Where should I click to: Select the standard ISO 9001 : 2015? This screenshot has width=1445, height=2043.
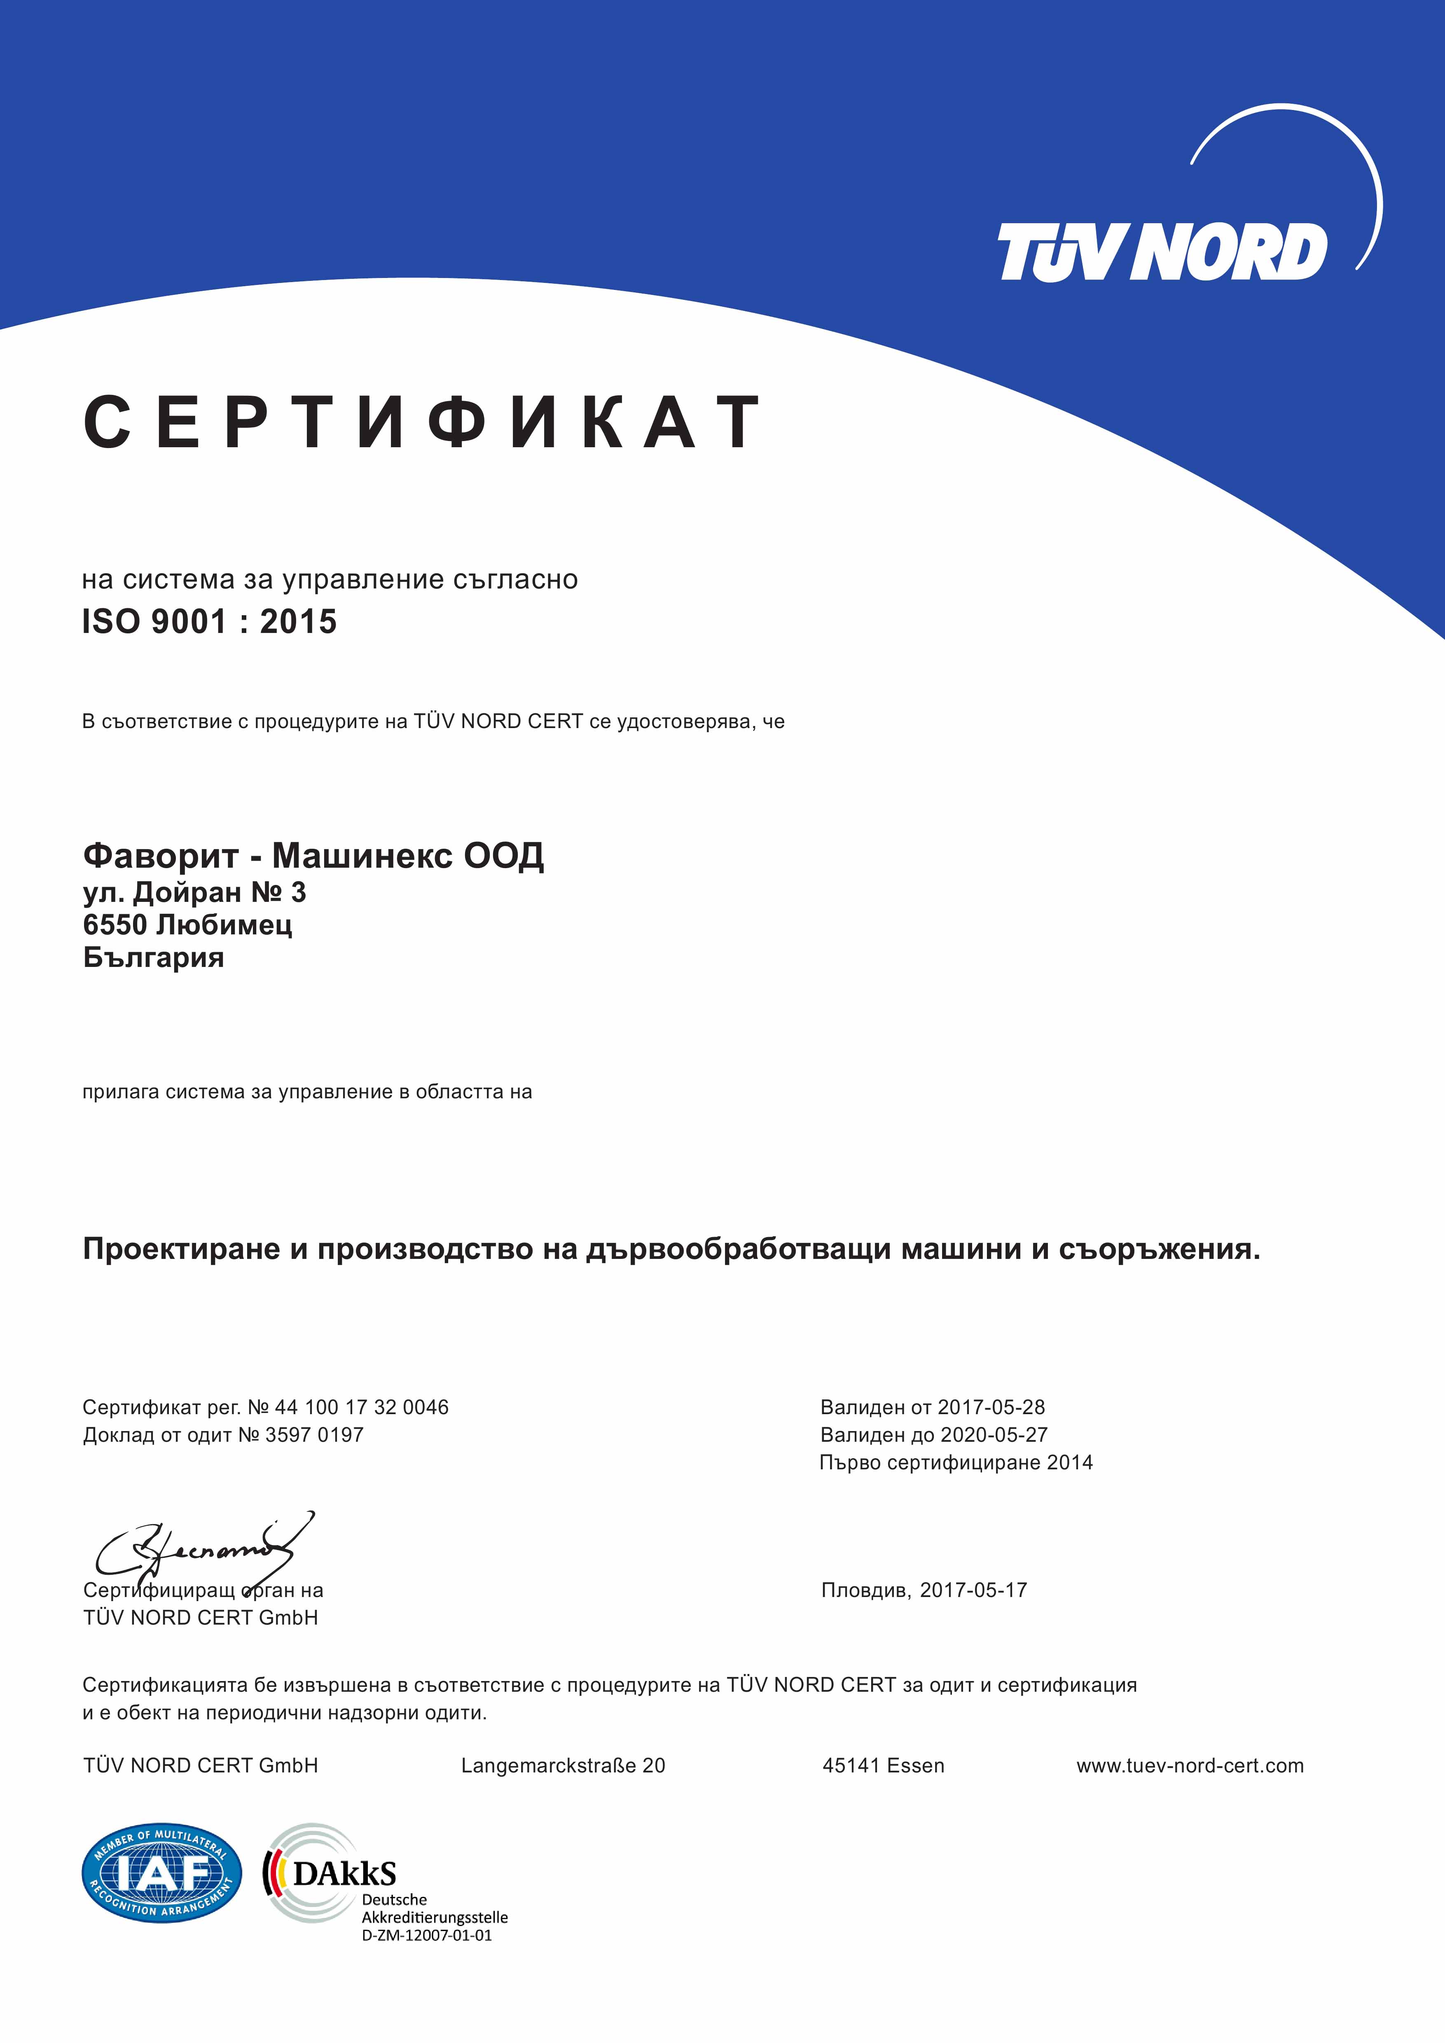209,621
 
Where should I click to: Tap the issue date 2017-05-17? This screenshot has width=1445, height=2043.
973,1590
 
